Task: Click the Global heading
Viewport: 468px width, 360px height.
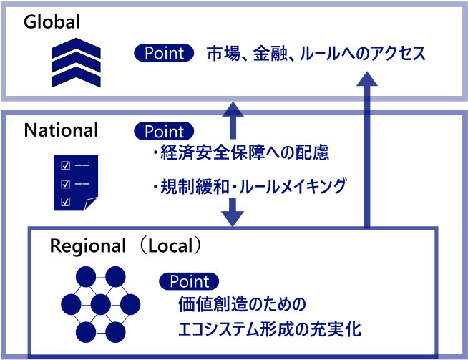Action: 51,22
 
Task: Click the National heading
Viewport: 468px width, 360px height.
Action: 61,130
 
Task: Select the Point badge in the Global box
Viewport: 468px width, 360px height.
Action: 165,53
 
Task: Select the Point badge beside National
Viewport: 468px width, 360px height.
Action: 165,131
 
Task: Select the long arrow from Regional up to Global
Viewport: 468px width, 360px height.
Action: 368,143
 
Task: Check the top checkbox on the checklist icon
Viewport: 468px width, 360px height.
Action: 67,166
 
